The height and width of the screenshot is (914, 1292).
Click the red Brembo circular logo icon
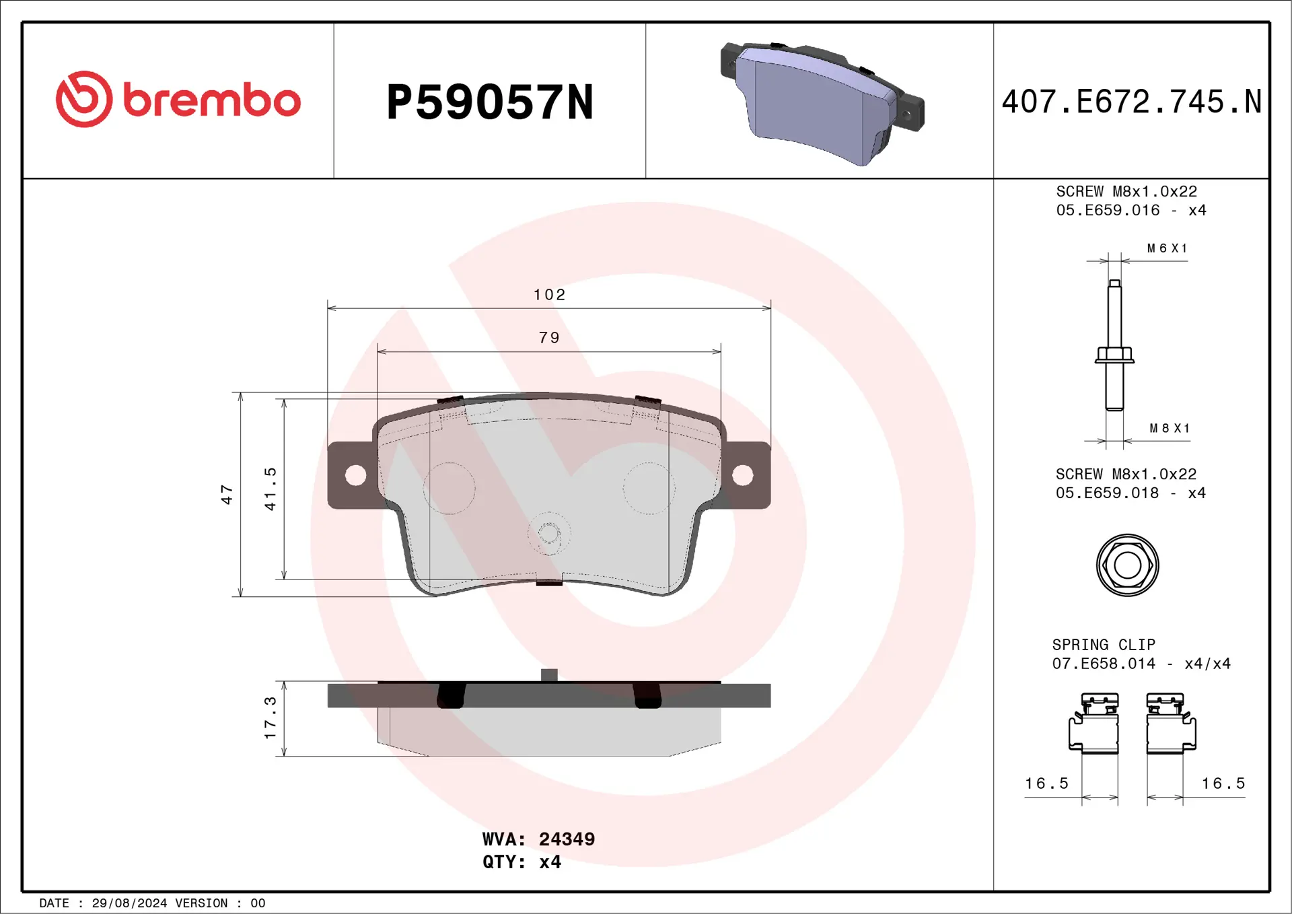pyautogui.click(x=83, y=99)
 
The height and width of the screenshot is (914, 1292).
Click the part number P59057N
pyautogui.click(x=490, y=102)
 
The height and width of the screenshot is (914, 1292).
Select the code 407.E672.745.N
pyautogui.click(x=1131, y=102)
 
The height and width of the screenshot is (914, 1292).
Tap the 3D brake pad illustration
pyautogui.click(x=822, y=103)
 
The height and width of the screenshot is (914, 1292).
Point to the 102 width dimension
pyautogui.click(x=549, y=295)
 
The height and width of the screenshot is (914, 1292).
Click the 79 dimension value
pyautogui.click(x=549, y=338)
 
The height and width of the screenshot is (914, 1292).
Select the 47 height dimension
pyautogui.click(x=227, y=495)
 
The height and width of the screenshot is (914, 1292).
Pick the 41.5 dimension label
pyautogui.click(x=270, y=489)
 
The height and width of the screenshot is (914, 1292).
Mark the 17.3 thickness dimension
pyautogui.click(x=270, y=718)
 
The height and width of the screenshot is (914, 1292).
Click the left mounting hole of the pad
pyautogui.click(x=355, y=475)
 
